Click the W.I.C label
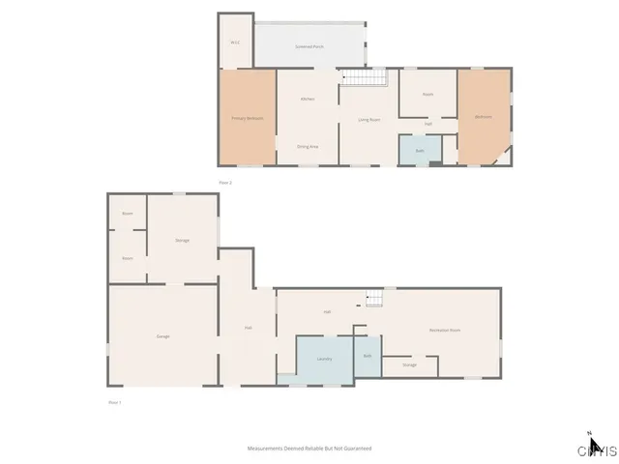coord(235,43)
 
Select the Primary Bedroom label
coord(248,118)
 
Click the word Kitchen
coord(308,100)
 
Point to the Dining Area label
coord(308,146)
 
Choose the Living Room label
coord(368,120)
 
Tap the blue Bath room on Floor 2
coord(420,151)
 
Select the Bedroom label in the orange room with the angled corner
coord(483,118)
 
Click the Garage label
coord(163,335)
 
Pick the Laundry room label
coord(324,359)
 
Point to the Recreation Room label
coord(445,331)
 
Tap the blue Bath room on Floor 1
coord(368,356)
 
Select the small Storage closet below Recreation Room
coord(410,365)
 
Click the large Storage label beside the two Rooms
coord(182,240)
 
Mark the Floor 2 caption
coord(225,182)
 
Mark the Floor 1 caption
coord(114,401)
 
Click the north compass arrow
coord(595,446)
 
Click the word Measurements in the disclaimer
coord(264,449)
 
